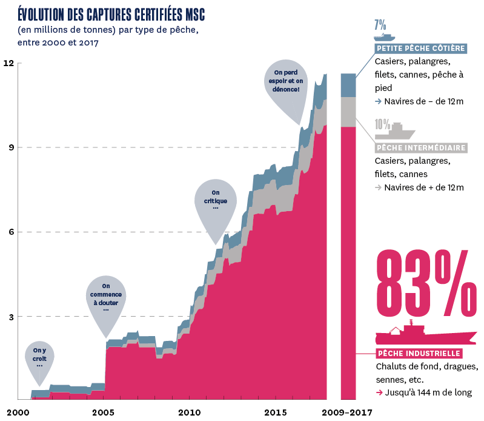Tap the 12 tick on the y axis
[x=8, y=64]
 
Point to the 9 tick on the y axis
[x=9, y=147]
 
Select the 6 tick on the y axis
[x=9, y=232]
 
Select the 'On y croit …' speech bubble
[x=39, y=358]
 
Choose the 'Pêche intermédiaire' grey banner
[x=421, y=147]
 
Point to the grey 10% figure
[x=382, y=124]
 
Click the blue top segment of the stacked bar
[x=348, y=85]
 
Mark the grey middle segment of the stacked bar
[x=348, y=112]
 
